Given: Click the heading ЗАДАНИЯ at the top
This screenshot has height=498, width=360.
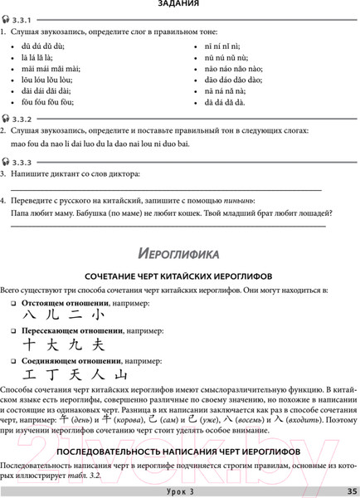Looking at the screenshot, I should coord(179,6).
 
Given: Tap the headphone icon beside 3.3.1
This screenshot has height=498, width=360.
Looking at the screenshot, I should coord(6,20).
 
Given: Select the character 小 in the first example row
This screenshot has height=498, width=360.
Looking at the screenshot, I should coord(98,317).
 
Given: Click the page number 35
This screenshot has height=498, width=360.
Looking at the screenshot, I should coord(352,491).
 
